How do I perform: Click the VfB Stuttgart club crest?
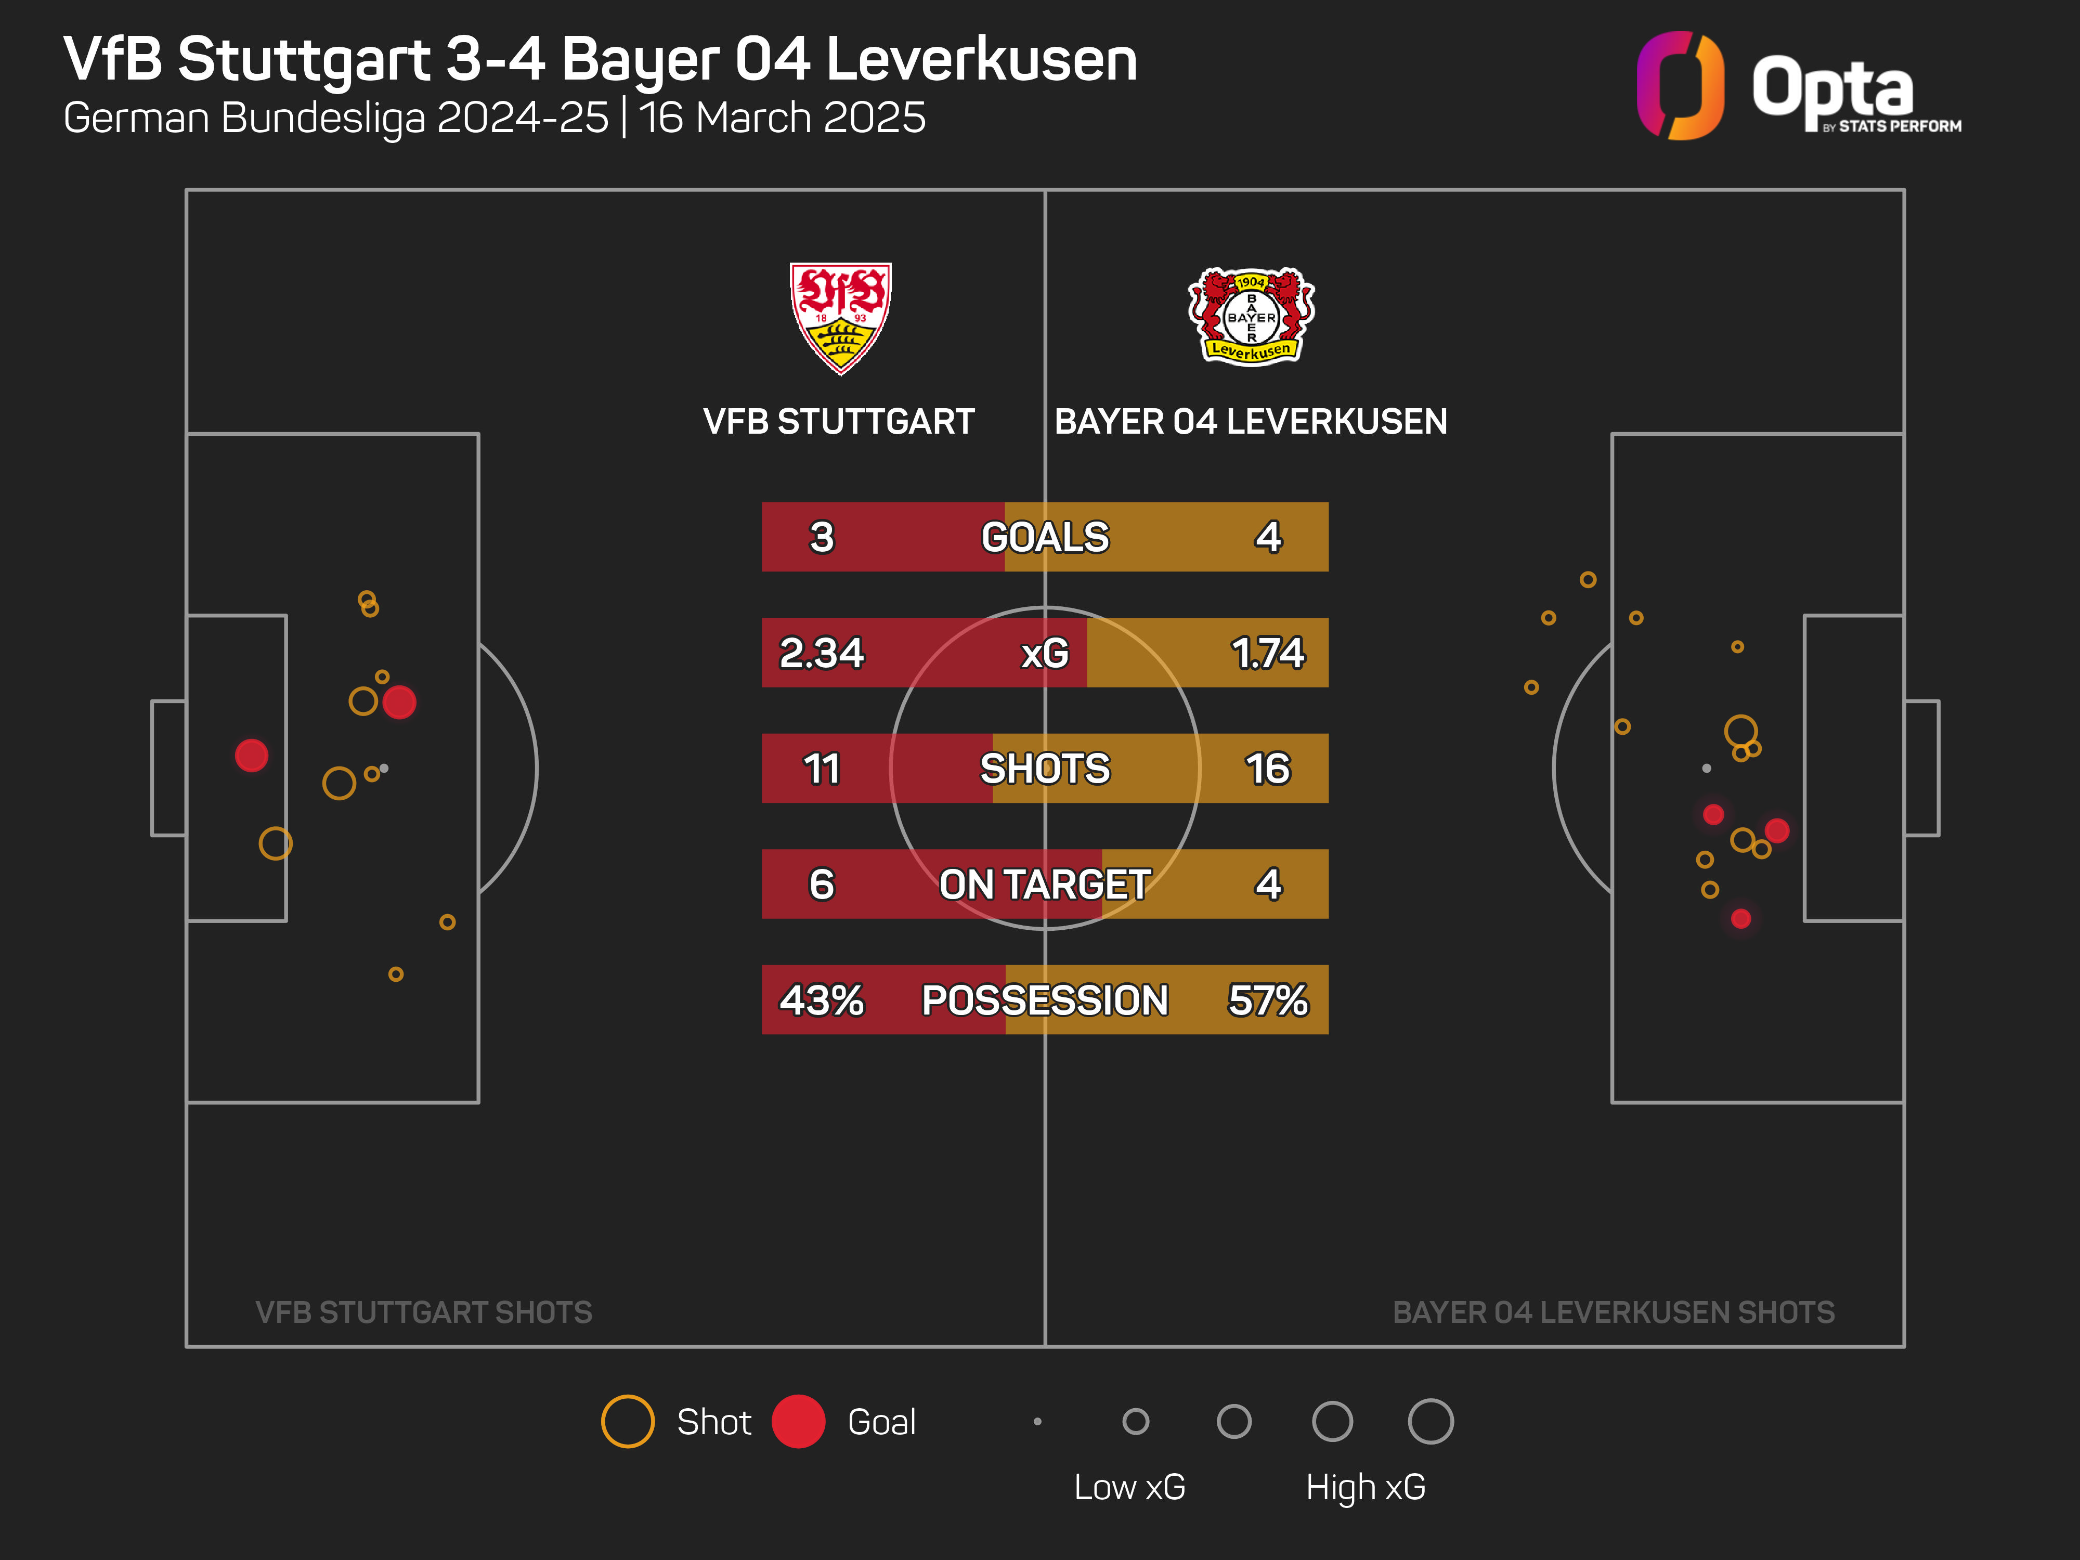tap(840, 318)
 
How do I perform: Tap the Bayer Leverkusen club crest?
tap(1251, 317)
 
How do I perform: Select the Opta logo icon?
tap(1680, 86)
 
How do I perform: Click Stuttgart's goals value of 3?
tap(821, 537)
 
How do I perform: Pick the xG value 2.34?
tap(821, 653)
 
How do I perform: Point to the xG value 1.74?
tap(1268, 653)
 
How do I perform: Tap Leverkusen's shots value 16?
tap(1268, 768)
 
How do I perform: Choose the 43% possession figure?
tap(821, 999)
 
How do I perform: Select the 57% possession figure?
tap(1268, 999)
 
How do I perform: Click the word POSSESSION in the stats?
tap(1045, 999)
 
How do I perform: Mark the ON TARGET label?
tap(1045, 884)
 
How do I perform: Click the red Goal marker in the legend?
tap(798, 1421)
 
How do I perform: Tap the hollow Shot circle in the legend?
tap(627, 1421)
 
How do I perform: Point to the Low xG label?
tap(1129, 1487)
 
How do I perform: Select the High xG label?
tap(1366, 1487)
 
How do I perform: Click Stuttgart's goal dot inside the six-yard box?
tap(251, 755)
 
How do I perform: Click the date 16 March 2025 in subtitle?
tap(783, 118)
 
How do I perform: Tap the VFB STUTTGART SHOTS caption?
tap(423, 1312)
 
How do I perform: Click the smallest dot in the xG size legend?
tap(1037, 1421)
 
